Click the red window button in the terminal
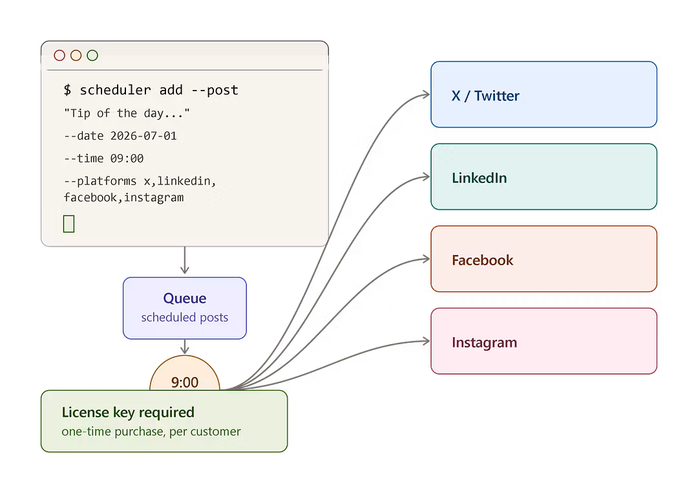(59, 55)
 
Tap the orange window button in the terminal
(76, 55)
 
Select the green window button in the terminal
(92, 55)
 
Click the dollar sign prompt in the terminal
(67, 90)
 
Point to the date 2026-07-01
(143, 136)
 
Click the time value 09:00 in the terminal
(127, 159)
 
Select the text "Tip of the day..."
(127, 113)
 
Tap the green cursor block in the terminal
(69, 224)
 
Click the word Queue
(185, 298)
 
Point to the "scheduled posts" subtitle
(185, 318)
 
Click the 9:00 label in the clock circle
(185, 382)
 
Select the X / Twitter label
(485, 96)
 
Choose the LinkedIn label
(479, 178)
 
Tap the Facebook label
(483, 260)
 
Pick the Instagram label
(484, 342)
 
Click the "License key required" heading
(128, 413)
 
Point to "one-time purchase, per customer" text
(151, 432)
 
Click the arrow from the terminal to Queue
(185, 260)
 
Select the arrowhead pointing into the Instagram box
(427, 342)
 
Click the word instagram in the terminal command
(154, 197)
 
